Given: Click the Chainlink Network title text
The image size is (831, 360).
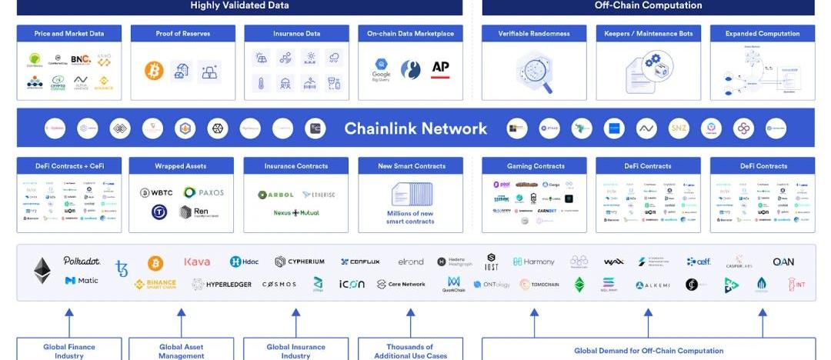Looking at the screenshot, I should coord(415,128).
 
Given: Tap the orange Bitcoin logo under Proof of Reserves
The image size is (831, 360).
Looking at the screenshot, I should coord(154,71).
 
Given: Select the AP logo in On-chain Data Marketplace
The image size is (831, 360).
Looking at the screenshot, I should coord(440,68).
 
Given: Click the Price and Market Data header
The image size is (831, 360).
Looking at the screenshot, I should coord(69,34).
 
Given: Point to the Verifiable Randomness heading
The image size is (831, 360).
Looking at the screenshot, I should coord(534,34).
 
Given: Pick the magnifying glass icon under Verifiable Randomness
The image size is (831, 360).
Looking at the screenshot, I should coord(534,72).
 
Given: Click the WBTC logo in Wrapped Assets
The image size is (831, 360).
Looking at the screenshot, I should coord(156,192).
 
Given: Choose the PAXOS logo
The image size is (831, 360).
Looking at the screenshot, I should coord(204,192).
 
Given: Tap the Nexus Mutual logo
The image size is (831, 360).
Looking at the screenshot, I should coord(296,212).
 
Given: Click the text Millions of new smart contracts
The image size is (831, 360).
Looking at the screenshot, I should coord(410,218).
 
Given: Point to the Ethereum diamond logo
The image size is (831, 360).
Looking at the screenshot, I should coord(42,271).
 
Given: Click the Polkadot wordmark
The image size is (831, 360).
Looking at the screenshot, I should coord(82,261).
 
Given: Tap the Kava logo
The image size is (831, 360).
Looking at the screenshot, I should coord(197,262).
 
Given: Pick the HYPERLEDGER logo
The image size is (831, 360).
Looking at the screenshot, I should coord(223,285).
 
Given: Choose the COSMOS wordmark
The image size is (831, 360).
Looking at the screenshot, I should coord(279,285).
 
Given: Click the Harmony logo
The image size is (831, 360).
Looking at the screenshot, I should coord(534,262).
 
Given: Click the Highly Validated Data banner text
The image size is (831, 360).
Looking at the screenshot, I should coord(239,5).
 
